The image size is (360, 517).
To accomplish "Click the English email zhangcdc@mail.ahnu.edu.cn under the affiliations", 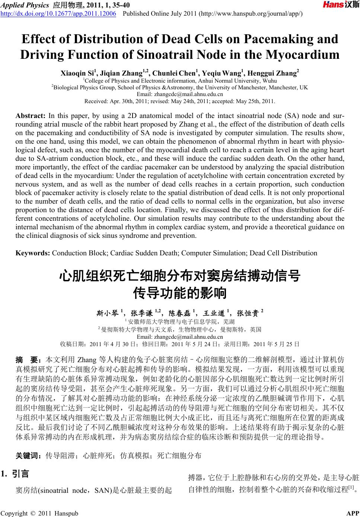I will point(180,94).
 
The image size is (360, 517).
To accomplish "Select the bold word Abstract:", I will point(31,116).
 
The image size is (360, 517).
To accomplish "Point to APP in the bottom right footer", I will point(353,513).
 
